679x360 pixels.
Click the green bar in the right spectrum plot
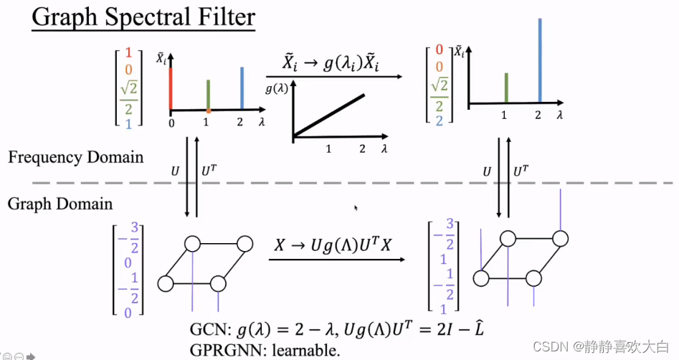pyautogui.click(x=506, y=87)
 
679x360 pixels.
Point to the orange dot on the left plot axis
pyautogui.click(x=208, y=111)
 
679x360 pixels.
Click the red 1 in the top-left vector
pyautogui.click(x=128, y=52)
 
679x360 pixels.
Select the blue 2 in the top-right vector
pyautogui.click(x=439, y=120)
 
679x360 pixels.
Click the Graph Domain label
pyautogui.click(x=60, y=204)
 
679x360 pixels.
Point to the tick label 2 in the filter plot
pyautogui.click(x=362, y=149)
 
